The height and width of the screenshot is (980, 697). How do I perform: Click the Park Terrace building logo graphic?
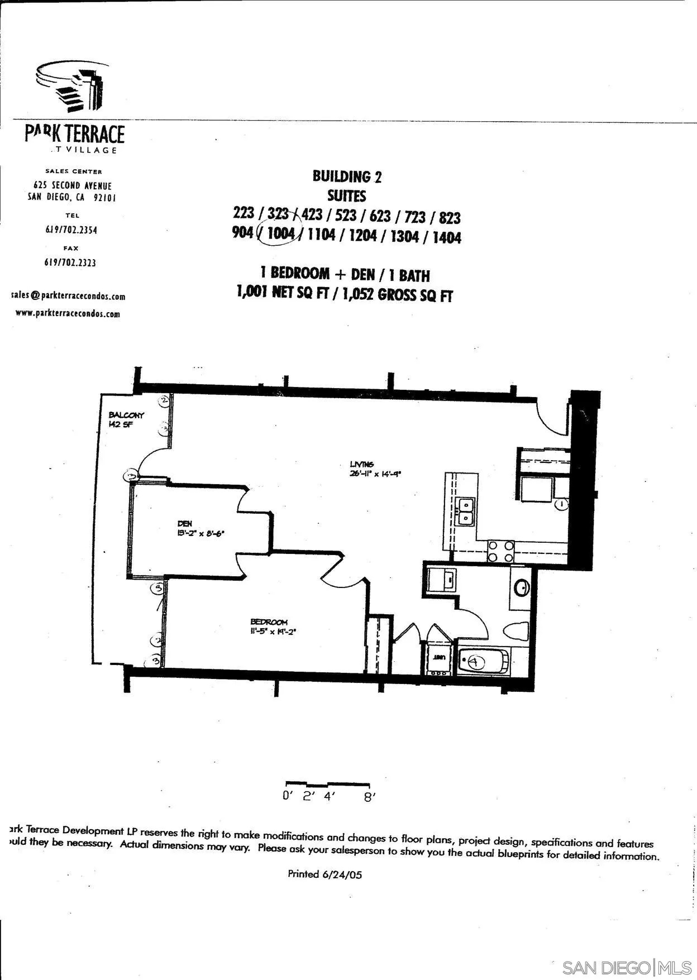point(69,87)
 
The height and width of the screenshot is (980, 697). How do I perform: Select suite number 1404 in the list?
point(446,237)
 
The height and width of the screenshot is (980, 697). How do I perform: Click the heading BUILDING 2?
point(347,177)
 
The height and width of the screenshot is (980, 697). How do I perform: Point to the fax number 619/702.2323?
point(70,262)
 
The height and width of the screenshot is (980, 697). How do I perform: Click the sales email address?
point(68,296)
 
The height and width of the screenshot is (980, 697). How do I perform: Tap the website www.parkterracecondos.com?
point(68,313)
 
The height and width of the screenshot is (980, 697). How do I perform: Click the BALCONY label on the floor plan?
point(126,415)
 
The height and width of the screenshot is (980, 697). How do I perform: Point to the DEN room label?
point(185,524)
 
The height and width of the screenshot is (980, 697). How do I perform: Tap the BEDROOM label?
point(269,622)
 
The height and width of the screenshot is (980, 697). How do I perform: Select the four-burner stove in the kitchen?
point(500,551)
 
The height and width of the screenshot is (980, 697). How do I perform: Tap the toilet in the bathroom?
point(517,632)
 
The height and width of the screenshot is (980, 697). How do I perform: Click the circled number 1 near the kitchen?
point(562,504)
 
